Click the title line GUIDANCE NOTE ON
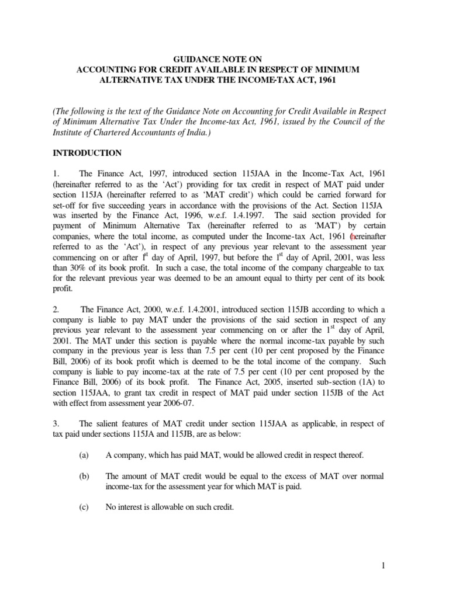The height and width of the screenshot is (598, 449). [224, 58]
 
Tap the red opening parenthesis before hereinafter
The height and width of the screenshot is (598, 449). [350, 237]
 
